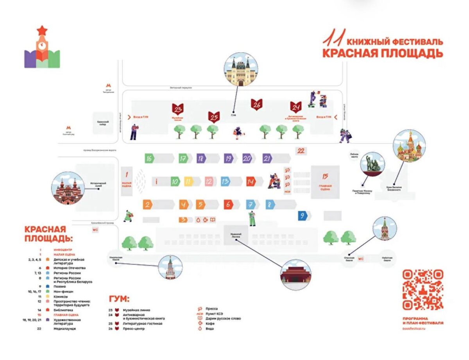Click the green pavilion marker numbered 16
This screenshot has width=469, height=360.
pos(149,159)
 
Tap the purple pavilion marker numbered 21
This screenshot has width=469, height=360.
pos(267,159)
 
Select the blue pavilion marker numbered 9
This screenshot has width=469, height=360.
pos(302,216)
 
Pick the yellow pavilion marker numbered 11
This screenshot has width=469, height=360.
pos(189,182)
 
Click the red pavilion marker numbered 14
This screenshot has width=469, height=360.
pos(251,182)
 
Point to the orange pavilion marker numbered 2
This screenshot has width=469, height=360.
pos(147,204)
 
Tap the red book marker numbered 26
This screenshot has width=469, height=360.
pos(257,105)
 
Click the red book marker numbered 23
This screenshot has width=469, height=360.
pos(178,109)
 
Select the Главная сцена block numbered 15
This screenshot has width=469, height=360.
pos(325,182)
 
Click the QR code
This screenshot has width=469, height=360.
pos(422,289)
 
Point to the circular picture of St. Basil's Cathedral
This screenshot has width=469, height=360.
pos(409,146)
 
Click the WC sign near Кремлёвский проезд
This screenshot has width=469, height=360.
pos(95,230)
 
